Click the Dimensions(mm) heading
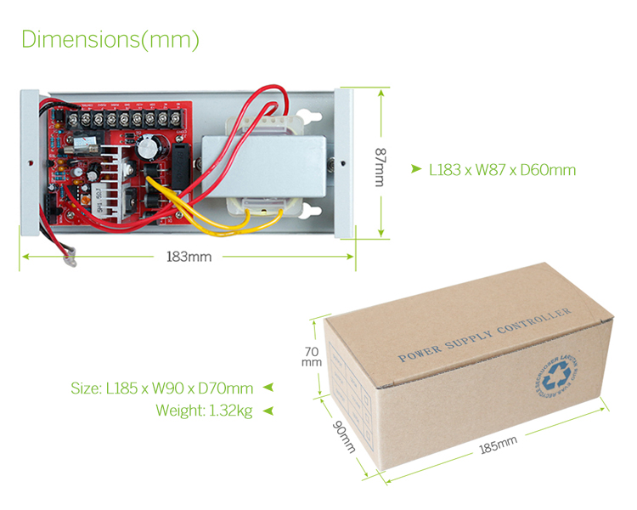pos(110,40)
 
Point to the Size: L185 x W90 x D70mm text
pos(161,388)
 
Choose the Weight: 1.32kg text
pos(204,411)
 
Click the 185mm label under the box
pos(498,445)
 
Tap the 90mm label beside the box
pos(343,434)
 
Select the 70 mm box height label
pos(311,356)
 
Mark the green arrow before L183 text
pos(415,170)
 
